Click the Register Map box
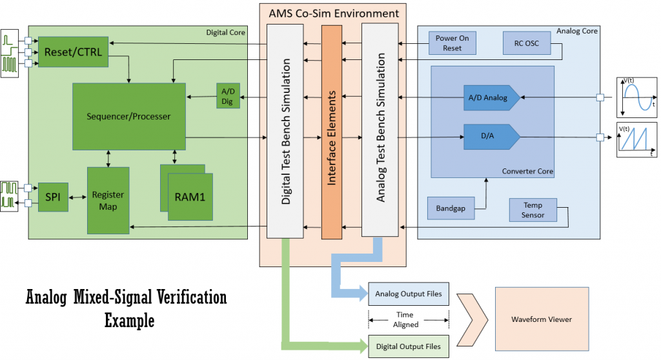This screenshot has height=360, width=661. [108, 200]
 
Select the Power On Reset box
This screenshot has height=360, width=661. [452, 43]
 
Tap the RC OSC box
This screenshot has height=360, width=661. [525, 43]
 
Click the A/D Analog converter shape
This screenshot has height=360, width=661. [491, 98]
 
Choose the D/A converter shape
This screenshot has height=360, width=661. [491, 136]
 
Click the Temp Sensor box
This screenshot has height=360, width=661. [533, 210]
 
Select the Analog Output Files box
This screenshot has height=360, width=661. [409, 294]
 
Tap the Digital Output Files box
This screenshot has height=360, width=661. [409, 346]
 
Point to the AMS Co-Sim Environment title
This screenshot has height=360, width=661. [333, 13]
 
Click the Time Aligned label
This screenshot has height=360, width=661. [407, 320]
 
